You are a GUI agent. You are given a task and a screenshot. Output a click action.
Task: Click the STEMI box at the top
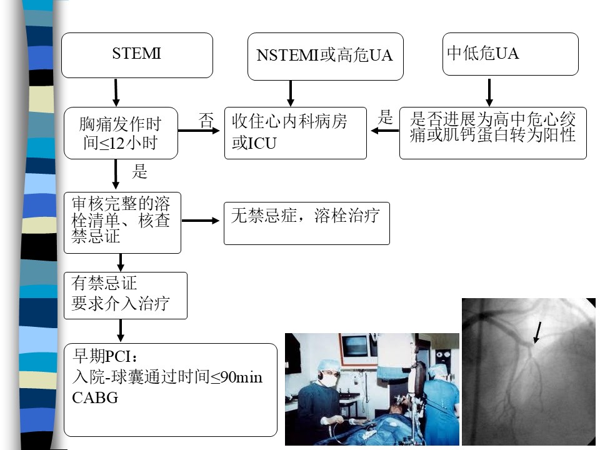(x=137, y=56)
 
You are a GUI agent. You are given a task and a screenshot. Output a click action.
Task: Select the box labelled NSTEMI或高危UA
(x=325, y=57)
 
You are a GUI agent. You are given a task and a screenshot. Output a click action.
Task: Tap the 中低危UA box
(x=511, y=54)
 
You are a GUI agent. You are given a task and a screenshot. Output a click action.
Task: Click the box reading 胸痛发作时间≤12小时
(x=121, y=133)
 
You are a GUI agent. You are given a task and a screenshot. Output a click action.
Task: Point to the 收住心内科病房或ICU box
(x=296, y=133)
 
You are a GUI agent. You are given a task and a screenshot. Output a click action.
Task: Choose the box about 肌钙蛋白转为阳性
(x=493, y=133)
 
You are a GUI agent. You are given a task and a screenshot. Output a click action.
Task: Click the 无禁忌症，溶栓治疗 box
(x=306, y=224)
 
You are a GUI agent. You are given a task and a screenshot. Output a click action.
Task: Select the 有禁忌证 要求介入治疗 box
(x=126, y=296)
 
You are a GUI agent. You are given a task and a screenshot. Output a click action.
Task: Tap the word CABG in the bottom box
(x=95, y=398)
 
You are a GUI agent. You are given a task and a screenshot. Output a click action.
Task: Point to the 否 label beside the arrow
(x=206, y=121)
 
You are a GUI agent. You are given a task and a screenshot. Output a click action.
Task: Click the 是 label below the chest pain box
(x=139, y=171)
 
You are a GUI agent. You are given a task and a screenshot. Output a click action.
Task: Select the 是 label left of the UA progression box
(x=386, y=117)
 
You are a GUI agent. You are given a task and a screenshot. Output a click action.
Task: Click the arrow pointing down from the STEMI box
(x=116, y=92)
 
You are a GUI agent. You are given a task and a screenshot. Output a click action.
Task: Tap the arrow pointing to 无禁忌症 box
(x=201, y=221)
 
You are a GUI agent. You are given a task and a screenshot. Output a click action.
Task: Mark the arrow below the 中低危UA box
(x=489, y=92)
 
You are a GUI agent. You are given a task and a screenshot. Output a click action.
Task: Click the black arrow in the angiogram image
(x=537, y=332)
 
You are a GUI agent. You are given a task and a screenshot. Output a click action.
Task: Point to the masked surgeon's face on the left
(x=329, y=376)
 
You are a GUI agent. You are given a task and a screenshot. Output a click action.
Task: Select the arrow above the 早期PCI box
(x=121, y=330)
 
